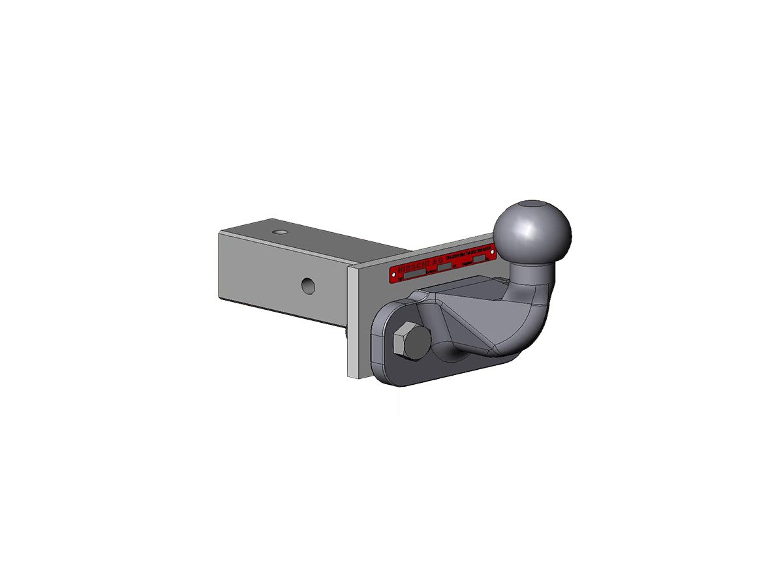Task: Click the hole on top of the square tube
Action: (x=280, y=232)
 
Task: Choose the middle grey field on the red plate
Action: (x=445, y=267)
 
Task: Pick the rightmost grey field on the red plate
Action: (x=480, y=259)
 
